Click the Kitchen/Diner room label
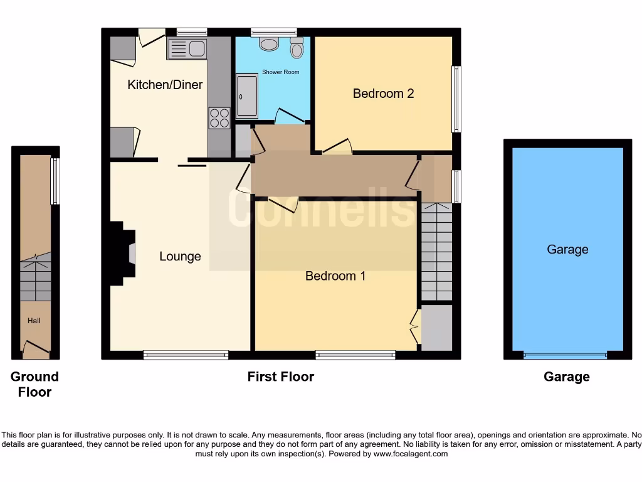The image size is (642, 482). tap(165, 84)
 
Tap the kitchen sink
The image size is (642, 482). tap(187, 48)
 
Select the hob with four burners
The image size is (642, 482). tap(219, 118)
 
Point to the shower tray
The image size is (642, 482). tap(246, 95)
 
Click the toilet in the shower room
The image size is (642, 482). tap(297, 47)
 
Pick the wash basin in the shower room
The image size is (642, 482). tap(270, 44)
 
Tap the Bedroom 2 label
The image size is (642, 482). tap(383, 94)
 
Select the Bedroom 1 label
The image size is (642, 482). tap(335, 276)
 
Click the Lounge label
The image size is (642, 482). tap(180, 256)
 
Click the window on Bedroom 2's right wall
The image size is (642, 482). tap(456, 99)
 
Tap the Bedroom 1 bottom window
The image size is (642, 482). tap(355, 355)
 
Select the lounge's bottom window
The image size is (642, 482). tap(186, 355)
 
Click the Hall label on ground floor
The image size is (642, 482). tap(34, 321)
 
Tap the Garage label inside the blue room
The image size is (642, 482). tap(567, 249)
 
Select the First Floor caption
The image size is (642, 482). tap(280, 377)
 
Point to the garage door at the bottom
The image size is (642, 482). tap(566, 356)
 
